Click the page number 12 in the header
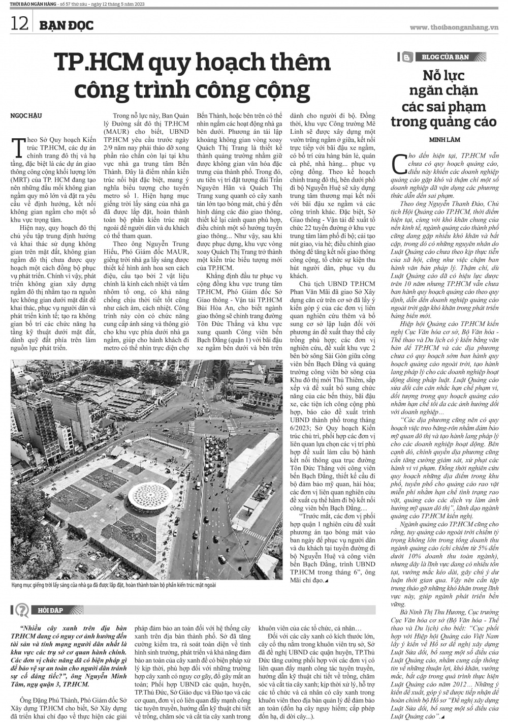19,23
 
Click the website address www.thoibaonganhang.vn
454,27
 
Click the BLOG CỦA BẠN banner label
445,57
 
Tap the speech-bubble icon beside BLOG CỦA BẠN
407,57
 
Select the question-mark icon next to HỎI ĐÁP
22,610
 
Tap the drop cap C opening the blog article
397,163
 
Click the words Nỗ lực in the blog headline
443,76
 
